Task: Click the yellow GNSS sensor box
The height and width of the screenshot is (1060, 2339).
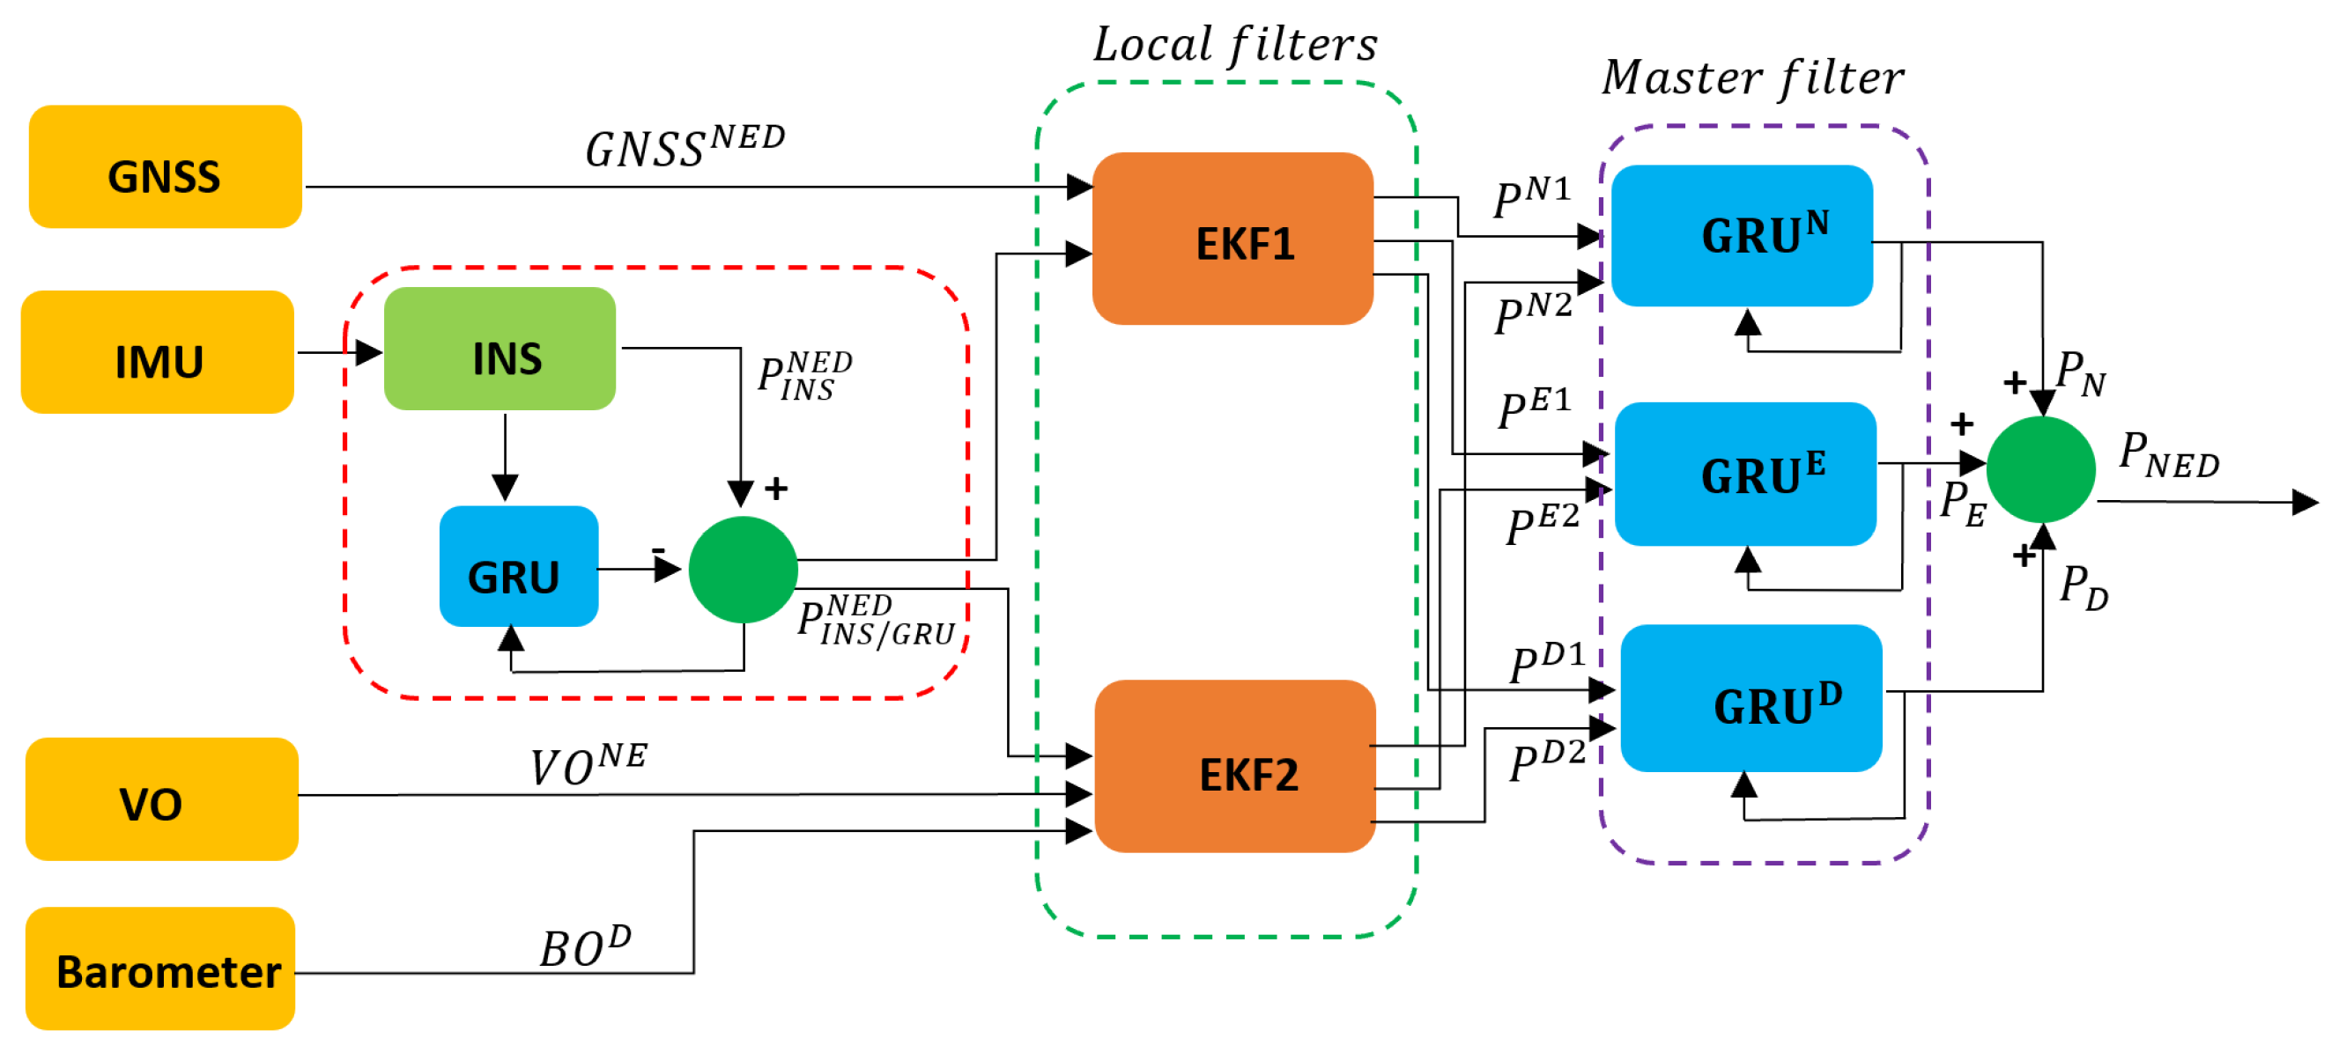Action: point(166,167)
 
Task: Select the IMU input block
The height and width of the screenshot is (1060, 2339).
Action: point(158,352)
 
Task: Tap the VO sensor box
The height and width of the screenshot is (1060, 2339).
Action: point(161,799)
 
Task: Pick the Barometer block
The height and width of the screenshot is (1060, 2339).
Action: point(160,968)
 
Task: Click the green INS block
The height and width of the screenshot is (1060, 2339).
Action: point(500,349)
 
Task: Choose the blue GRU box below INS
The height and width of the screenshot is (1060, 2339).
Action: point(519,566)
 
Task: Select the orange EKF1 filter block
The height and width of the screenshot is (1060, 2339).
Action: point(1232,239)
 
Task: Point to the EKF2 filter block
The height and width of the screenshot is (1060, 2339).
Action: point(1235,766)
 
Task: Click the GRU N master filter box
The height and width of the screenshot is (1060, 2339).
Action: point(1743,236)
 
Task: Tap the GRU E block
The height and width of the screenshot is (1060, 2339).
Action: point(1745,474)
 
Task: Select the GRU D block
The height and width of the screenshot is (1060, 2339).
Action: point(1751,698)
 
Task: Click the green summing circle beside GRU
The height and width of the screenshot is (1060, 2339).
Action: point(743,570)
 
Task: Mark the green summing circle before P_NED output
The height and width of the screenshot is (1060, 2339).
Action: point(2040,469)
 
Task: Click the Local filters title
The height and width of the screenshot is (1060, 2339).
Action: point(1235,43)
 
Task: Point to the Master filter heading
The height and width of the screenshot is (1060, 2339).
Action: point(1752,77)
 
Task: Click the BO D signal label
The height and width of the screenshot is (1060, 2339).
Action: point(585,946)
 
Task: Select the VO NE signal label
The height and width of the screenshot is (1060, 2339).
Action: point(588,764)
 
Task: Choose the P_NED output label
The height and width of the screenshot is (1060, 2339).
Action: point(2168,454)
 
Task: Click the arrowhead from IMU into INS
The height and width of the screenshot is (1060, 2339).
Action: point(368,352)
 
